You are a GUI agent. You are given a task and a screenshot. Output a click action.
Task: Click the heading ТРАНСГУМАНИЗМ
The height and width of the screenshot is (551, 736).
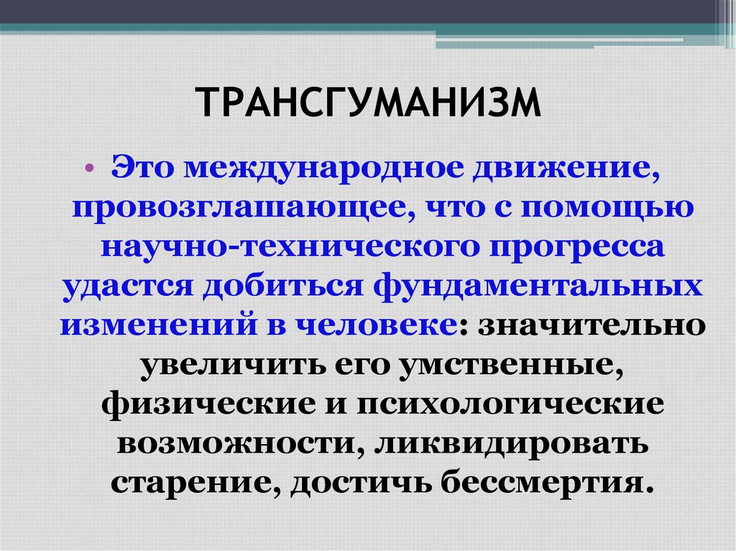[367, 102]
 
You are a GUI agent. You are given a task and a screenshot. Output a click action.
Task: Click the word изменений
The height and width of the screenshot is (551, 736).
[151, 325]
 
